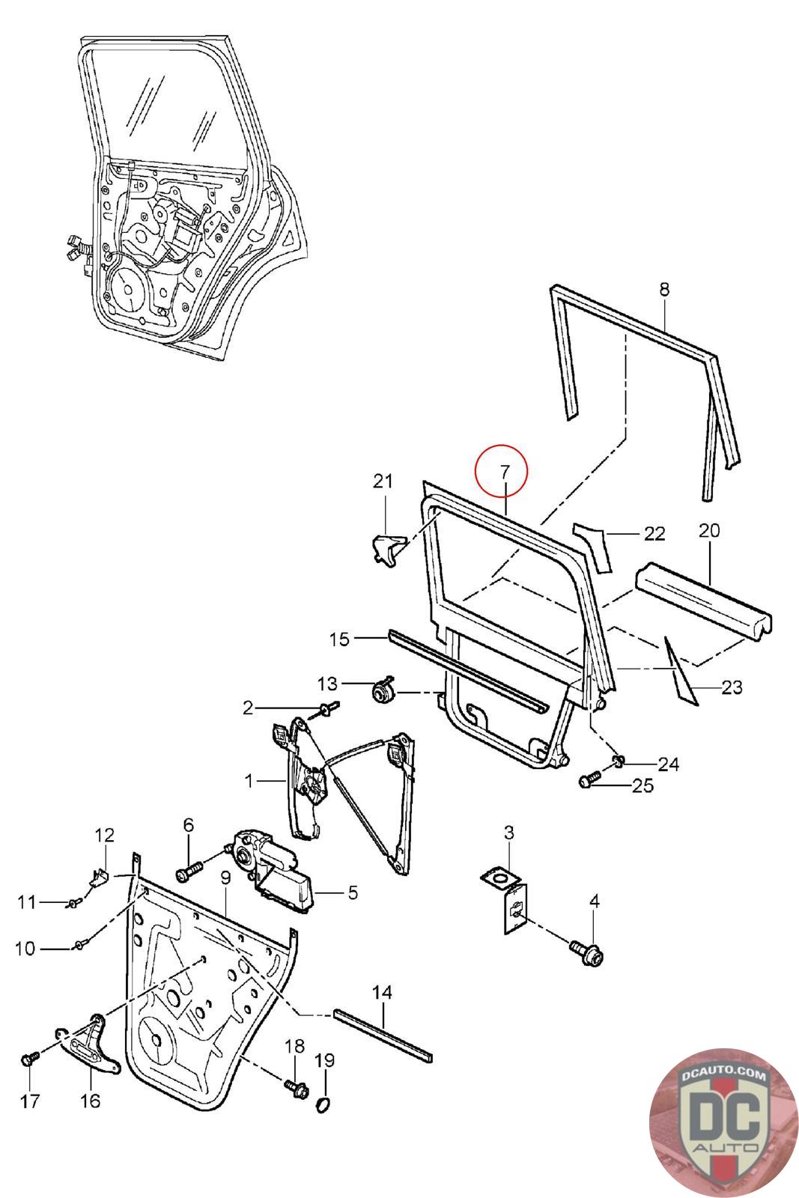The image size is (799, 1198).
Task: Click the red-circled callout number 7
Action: tap(504, 472)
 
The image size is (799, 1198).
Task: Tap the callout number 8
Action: tap(665, 290)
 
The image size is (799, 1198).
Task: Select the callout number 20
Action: tap(708, 531)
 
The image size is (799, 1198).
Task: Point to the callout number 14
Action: tap(382, 992)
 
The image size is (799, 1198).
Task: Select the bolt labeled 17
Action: tap(28, 1059)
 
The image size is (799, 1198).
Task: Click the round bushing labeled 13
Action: tap(384, 690)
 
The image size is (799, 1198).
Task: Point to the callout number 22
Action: tap(654, 534)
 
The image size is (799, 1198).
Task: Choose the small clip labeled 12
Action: tap(100, 876)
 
